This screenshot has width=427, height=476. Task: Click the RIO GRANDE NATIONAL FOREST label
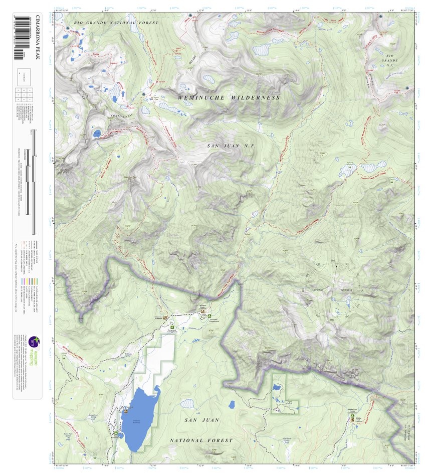point(116,23)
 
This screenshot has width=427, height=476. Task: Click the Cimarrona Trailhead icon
point(166,318)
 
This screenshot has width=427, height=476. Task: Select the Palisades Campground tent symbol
point(210,315)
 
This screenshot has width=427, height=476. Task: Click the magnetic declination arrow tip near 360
point(336,266)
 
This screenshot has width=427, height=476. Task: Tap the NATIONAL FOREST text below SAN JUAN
point(201,440)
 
